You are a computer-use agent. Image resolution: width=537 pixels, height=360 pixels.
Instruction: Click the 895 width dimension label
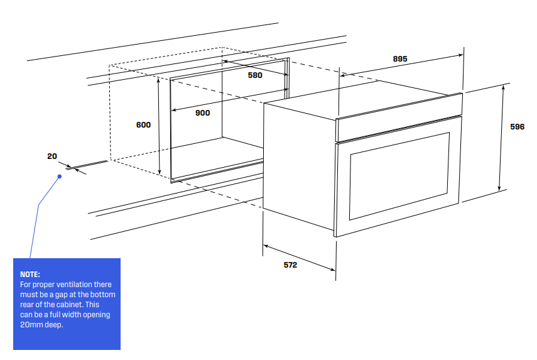pyautogui.click(x=400, y=59)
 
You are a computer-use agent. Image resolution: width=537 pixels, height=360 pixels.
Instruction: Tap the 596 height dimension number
pyautogui.click(x=517, y=127)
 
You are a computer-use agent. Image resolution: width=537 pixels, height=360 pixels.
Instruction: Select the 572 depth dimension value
pyautogui.click(x=290, y=265)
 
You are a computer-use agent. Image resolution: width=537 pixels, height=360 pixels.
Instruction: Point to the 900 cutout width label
pyautogui.click(x=202, y=113)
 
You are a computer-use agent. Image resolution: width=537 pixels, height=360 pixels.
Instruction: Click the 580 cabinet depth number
pyautogui.click(x=255, y=75)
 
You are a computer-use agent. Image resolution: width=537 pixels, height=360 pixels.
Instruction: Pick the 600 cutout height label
pyautogui.click(x=143, y=124)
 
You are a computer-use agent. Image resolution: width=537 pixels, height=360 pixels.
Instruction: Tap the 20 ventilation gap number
pyautogui.click(x=52, y=156)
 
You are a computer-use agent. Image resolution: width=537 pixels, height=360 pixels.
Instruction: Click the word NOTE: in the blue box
pyautogui.click(x=30, y=275)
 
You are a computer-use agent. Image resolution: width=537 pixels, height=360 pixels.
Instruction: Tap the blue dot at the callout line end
pyautogui.click(x=60, y=177)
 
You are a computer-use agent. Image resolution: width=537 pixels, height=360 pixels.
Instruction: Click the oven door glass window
pyautogui.click(x=399, y=176)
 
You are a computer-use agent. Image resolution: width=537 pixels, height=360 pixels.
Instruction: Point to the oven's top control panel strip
pyautogui.click(x=399, y=117)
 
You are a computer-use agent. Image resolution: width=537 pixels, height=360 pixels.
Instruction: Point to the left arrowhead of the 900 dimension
pyautogui.click(x=173, y=110)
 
